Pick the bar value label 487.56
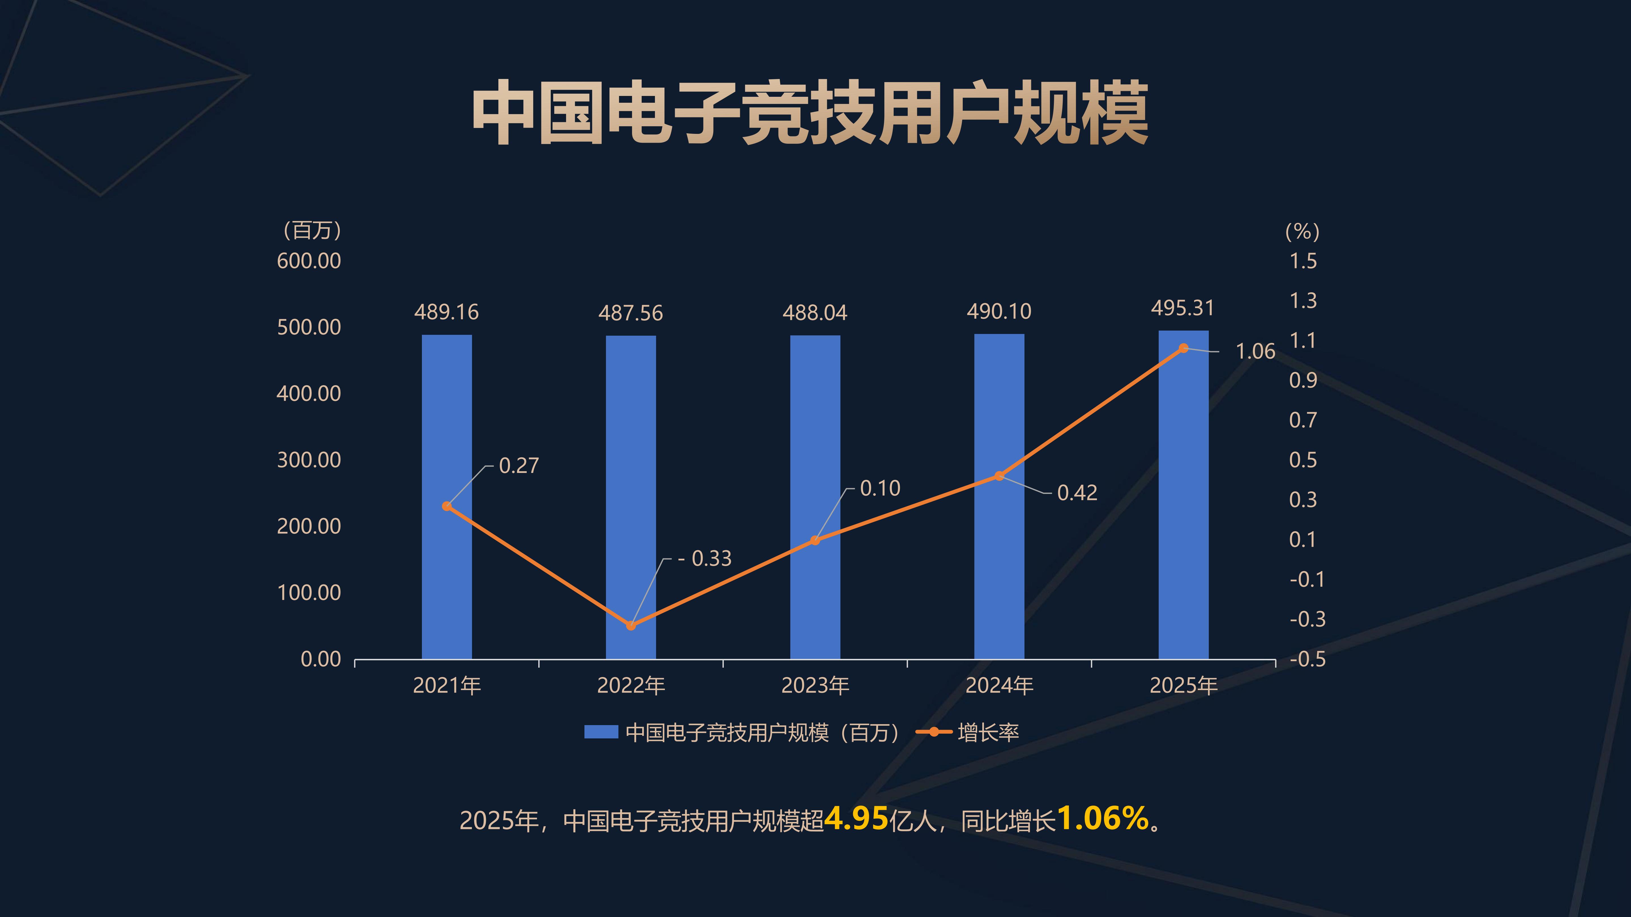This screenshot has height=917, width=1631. click(x=631, y=313)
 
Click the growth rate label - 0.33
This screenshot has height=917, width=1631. click(x=705, y=558)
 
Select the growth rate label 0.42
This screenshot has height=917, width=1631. click(x=1077, y=492)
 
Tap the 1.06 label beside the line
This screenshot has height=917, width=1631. click(x=1255, y=351)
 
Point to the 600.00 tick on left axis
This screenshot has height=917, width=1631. click(x=309, y=261)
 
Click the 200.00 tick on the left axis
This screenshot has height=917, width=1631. click(x=309, y=526)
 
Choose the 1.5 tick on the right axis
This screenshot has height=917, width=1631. click(x=1303, y=261)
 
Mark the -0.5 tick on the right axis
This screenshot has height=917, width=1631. click(x=1307, y=659)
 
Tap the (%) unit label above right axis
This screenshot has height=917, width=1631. click(x=1303, y=231)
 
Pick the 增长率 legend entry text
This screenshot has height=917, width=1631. click(x=988, y=732)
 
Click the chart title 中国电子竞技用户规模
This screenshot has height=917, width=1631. click(x=810, y=113)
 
